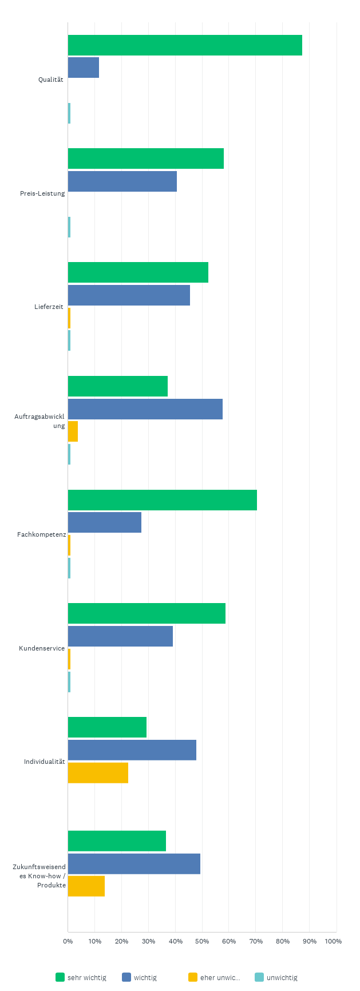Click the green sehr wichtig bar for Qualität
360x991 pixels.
coord(185,45)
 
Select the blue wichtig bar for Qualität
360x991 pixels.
coord(84,68)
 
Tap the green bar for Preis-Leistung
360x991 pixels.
coord(146,158)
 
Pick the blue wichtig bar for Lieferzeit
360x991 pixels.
coord(129,295)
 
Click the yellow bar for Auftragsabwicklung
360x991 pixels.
coord(73,431)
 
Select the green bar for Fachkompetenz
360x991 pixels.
coord(163,500)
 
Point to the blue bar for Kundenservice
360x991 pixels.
coord(120,636)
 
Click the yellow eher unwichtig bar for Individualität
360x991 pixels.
coord(98,772)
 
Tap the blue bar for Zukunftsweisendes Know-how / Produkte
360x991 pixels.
coord(134,863)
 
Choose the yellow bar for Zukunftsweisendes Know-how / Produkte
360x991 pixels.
coord(86,886)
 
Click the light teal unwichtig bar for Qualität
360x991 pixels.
coord(69,113)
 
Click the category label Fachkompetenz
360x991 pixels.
coord(42,534)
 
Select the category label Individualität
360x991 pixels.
coord(44,762)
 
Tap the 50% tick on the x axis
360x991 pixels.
coord(202,941)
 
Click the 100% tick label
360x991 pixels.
coord(333,941)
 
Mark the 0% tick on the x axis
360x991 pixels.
coord(68,941)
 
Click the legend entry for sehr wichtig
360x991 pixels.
coord(86,978)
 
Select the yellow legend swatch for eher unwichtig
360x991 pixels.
coord(193,977)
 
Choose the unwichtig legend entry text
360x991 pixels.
coord(282,978)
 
